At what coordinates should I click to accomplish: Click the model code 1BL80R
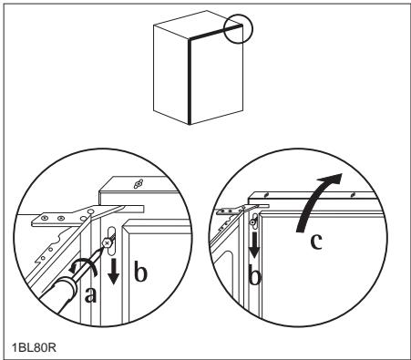coord(34,347)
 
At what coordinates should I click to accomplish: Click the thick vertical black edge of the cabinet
coord(190,82)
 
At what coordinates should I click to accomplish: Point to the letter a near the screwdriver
coord(90,294)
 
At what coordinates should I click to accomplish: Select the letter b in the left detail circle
coord(140,272)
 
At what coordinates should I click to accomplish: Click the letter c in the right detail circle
coord(316,242)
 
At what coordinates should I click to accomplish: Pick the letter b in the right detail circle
coord(254,275)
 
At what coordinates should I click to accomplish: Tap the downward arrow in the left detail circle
coord(113,272)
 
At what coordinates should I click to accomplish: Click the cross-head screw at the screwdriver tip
coord(107,242)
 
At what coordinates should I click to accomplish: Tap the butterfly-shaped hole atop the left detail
coord(138,184)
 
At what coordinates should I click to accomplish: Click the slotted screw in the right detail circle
coord(252,222)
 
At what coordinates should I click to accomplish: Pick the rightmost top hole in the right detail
coord(353,195)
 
